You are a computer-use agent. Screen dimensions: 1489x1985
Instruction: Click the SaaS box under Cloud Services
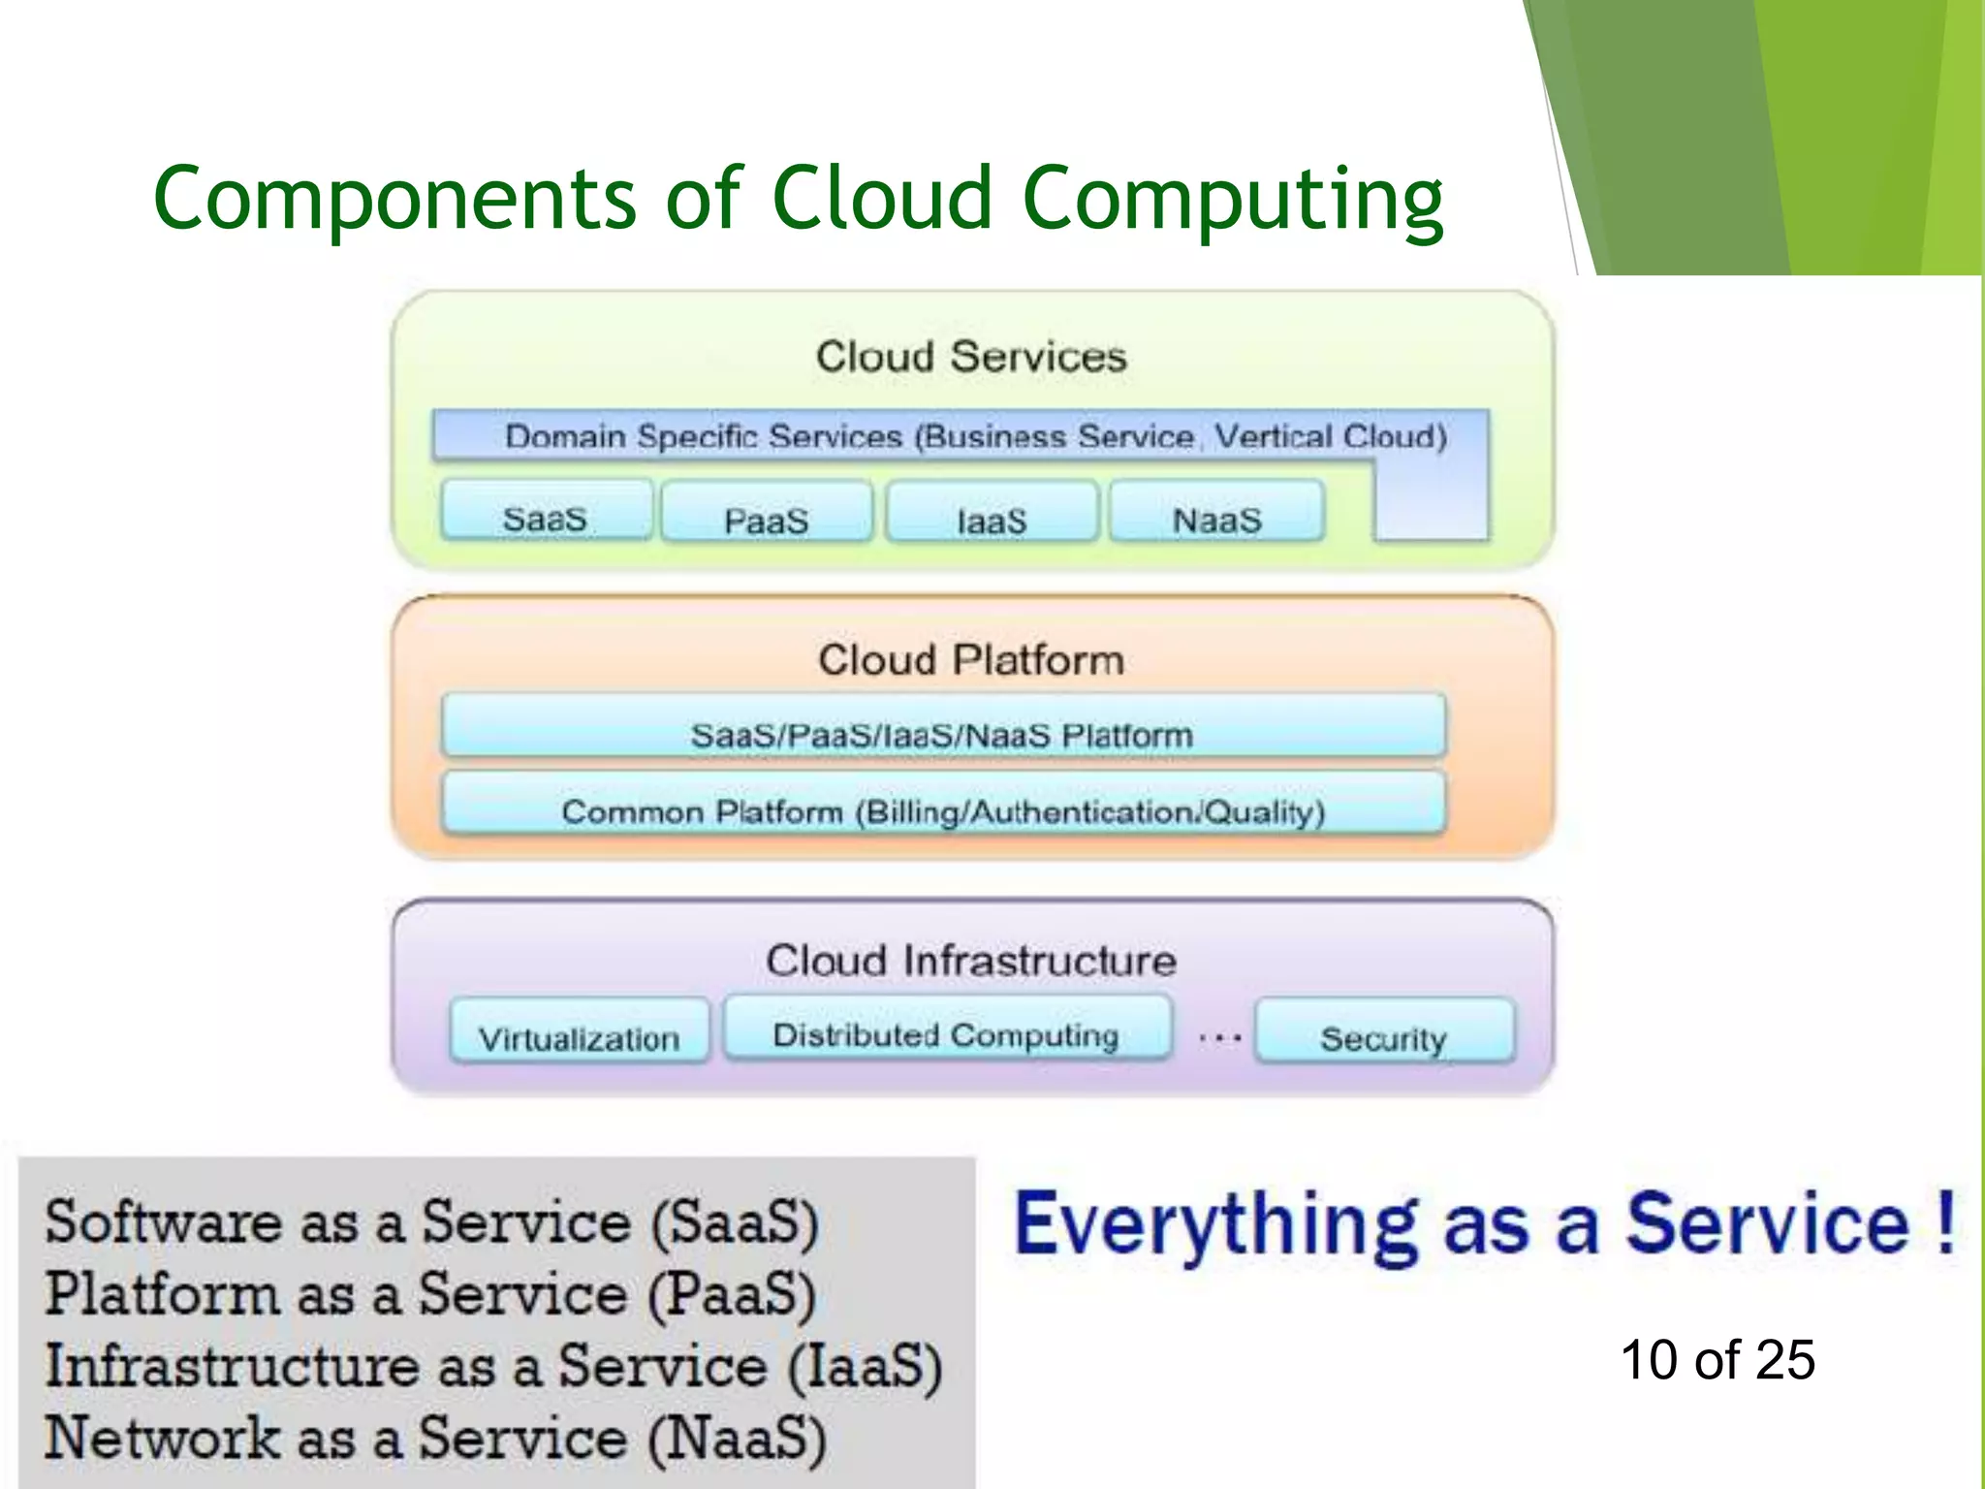point(546,511)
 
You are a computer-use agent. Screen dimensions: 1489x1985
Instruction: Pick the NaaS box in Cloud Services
point(1216,512)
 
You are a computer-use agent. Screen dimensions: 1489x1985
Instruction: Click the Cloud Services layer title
point(971,357)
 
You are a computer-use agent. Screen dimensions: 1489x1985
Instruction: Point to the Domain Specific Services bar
point(975,436)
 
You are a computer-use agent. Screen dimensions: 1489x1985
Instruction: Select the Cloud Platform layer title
point(971,660)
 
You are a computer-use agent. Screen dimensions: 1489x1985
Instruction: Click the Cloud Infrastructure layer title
point(971,961)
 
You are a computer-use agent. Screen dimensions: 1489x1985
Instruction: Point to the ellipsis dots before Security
point(1219,1038)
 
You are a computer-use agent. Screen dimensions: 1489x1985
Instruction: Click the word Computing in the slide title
point(1233,201)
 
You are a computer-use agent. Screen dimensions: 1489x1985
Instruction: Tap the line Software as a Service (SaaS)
point(432,1222)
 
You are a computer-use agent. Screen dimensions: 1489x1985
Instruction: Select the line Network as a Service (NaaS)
point(436,1438)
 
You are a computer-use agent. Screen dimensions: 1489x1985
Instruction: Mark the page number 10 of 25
point(1717,1359)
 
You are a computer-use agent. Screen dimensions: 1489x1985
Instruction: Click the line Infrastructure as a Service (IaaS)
point(492,1366)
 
